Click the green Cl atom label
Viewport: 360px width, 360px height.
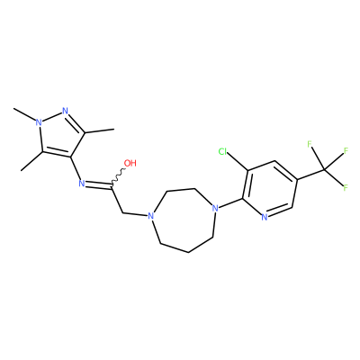click(223, 151)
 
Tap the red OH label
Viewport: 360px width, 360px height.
click(130, 163)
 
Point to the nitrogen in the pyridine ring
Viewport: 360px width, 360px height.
click(264, 217)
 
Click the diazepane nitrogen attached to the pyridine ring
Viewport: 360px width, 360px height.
click(214, 208)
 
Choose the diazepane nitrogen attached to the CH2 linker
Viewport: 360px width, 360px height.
click(151, 216)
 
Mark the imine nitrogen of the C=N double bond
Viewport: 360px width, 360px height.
click(81, 184)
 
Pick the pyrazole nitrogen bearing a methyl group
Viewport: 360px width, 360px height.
click(38, 122)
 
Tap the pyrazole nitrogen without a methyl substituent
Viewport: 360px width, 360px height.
click(65, 111)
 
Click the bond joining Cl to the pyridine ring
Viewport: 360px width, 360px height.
click(237, 162)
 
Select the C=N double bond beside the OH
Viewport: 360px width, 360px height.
click(98, 186)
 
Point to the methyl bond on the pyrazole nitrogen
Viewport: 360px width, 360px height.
click(24, 114)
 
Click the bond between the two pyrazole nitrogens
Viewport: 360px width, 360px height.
click(51, 117)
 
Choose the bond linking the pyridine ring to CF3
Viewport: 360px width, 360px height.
click(310, 175)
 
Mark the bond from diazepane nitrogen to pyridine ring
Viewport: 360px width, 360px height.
click(230, 202)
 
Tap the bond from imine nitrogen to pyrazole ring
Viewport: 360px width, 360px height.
click(75, 168)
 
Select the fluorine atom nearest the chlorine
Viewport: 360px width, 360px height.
click(310, 144)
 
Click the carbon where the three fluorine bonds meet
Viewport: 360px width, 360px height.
click(324, 170)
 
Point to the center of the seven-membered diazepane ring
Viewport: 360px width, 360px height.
click(183, 220)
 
